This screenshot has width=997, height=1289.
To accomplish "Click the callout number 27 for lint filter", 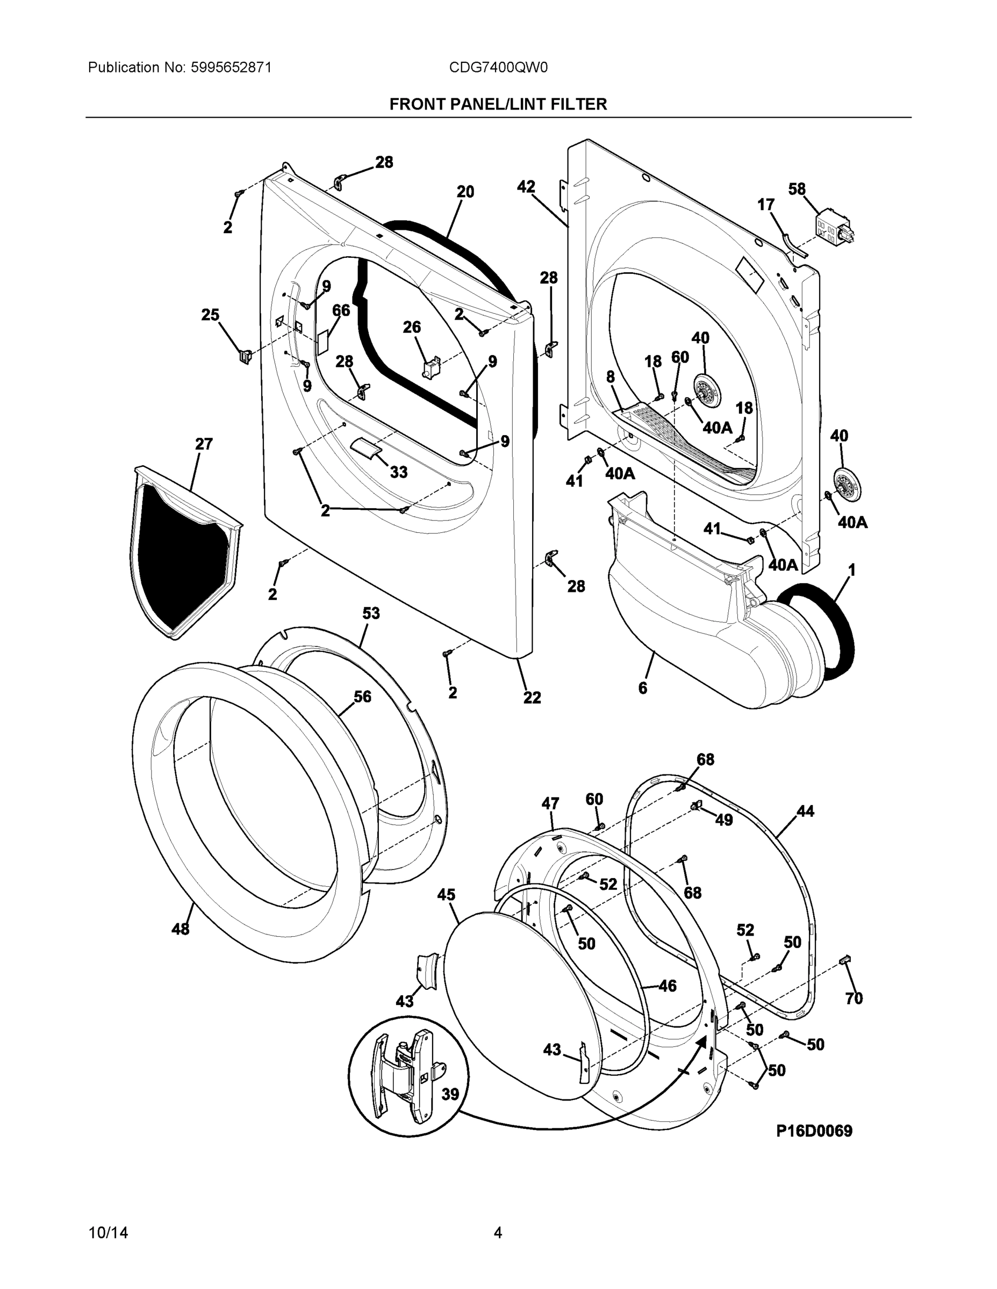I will pyautogui.click(x=204, y=444).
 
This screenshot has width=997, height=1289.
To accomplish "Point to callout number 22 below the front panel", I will pyautogui.click(x=532, y=698).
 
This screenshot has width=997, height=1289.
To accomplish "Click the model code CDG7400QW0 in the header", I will pyautogui.click(x=498, y=68).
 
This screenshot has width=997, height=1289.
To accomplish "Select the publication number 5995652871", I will pyautogui.click(x=231, y=68).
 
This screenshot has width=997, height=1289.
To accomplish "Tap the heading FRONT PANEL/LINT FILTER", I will pyautogui.click(x=498, y=105).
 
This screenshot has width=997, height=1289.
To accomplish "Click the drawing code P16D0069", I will pyautogui.click(x=814, y=1131).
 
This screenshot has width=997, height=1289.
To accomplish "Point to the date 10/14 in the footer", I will pyautogui.click(x=108, y=1233).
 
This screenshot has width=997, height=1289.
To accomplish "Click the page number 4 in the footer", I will pyautogui.click(x=498, y=1233).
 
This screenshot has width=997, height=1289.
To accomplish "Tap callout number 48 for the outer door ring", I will pyautogui.click(x=180, y=929).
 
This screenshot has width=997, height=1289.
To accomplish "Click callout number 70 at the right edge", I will pyautogui.click(x=854, y=998).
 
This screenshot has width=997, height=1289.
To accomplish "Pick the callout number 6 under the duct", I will pyautogui.click(x=643, y=687).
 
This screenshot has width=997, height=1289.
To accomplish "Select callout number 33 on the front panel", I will pyautogui.click(x=399, y=472).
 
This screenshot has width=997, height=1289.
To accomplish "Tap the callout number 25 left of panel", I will pyautogui.click(x=210, y=315).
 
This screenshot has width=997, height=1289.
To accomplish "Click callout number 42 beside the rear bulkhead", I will pyautogui.click(x=526, y=187).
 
